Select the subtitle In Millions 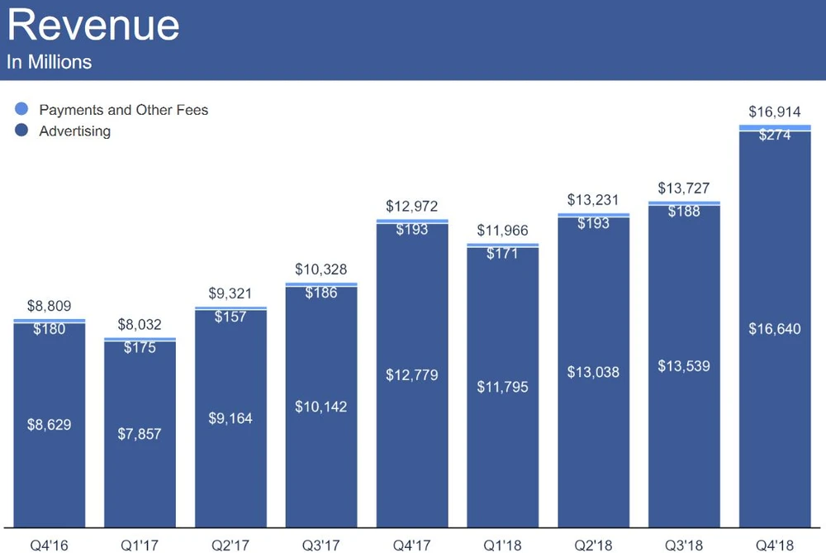pos(49,62)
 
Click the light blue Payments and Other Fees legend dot pos(22,109)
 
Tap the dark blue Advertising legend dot pos(22,131)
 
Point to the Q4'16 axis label pos(49,544)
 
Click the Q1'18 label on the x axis pos(502,544)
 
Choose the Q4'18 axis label pos(775,544)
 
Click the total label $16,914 pos(775,112)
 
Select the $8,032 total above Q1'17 pos(140,325)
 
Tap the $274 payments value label pos(775,135)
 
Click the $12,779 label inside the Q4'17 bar pos(412,375)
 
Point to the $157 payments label pos(230,317)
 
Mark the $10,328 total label pos(321,270)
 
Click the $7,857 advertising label pos(140,434)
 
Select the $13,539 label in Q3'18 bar pos(684,366)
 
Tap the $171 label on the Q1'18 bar pos(502,253)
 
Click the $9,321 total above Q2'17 pos(230,293)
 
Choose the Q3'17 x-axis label pos(321,544)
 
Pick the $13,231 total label pos(593,200)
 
